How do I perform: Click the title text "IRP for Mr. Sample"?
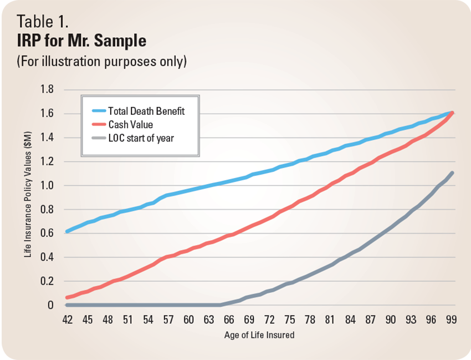coord(81,42)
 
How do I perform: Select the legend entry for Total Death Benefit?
coord(146,111)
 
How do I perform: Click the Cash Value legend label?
coord(130,124)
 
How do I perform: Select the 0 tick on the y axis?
coord(51,305)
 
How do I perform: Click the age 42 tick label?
coord(67,320)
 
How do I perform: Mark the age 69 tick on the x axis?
coord(249,320)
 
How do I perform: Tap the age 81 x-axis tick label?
coord(330,320)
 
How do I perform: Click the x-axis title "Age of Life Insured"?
coord(259,335)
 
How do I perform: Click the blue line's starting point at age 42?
coord(67,231)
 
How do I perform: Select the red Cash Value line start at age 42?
coord(67,298)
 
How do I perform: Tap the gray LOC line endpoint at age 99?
coord(452,173)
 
